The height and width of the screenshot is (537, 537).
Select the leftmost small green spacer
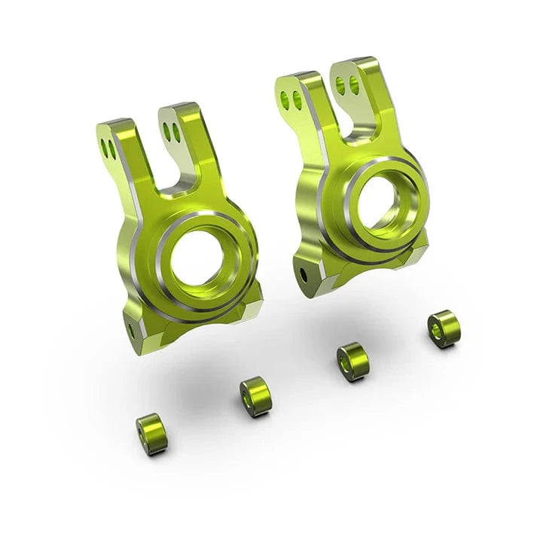[x=151, y=434]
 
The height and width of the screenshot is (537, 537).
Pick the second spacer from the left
[x=255, y=396]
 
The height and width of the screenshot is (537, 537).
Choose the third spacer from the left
[x=352, y=362]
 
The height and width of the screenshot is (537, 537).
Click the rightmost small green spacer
[x=443, y=328]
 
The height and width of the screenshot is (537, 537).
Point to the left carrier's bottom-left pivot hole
[x=130, y=330]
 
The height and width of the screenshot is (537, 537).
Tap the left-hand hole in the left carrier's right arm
[x=167, y=131]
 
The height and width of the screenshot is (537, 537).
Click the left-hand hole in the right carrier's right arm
[x=340, y=84]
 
